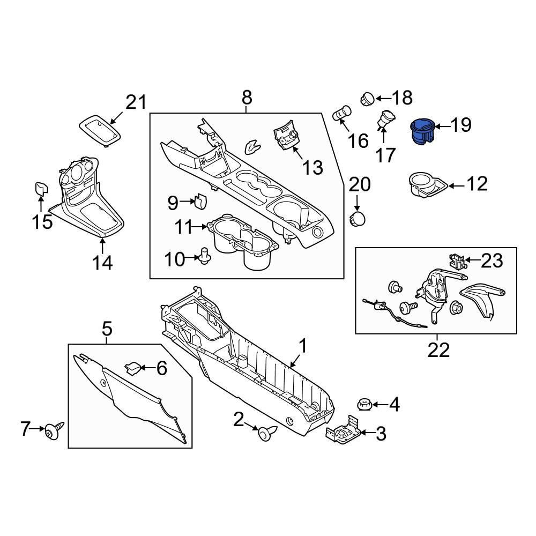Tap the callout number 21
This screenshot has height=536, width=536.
pyautogui.click(x=136, y=102)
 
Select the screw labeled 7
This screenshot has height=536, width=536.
pyautogui.click(x=54, y=429)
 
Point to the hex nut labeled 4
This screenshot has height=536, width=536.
pyautogui.click(x=364, y=404)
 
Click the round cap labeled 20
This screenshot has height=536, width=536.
pyautogui.click(x=358, y=219)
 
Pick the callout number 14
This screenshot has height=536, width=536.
pyautogui.click(x=102, y=263)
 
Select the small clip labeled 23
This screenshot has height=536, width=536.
pyautogui.click(x=456, y=261)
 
